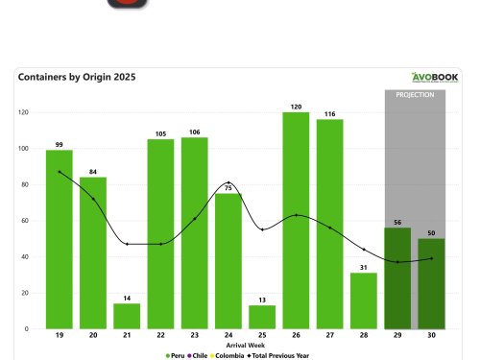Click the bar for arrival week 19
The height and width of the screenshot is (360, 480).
(x=59, y=239)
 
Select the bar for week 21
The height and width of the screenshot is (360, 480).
(x=127, y=316)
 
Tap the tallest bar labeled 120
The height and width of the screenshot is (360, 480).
(x=296, y=220)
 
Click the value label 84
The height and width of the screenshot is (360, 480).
(x=93, y=172)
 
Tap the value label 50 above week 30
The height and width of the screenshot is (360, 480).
(x=432, y=232)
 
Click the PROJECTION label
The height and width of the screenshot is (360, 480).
(x=415, y=95)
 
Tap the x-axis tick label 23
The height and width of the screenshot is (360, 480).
(x=195, y=336)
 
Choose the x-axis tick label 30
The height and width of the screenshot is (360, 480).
(x=432, y=336)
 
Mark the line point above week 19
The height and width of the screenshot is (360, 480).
(x=60, y=172)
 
